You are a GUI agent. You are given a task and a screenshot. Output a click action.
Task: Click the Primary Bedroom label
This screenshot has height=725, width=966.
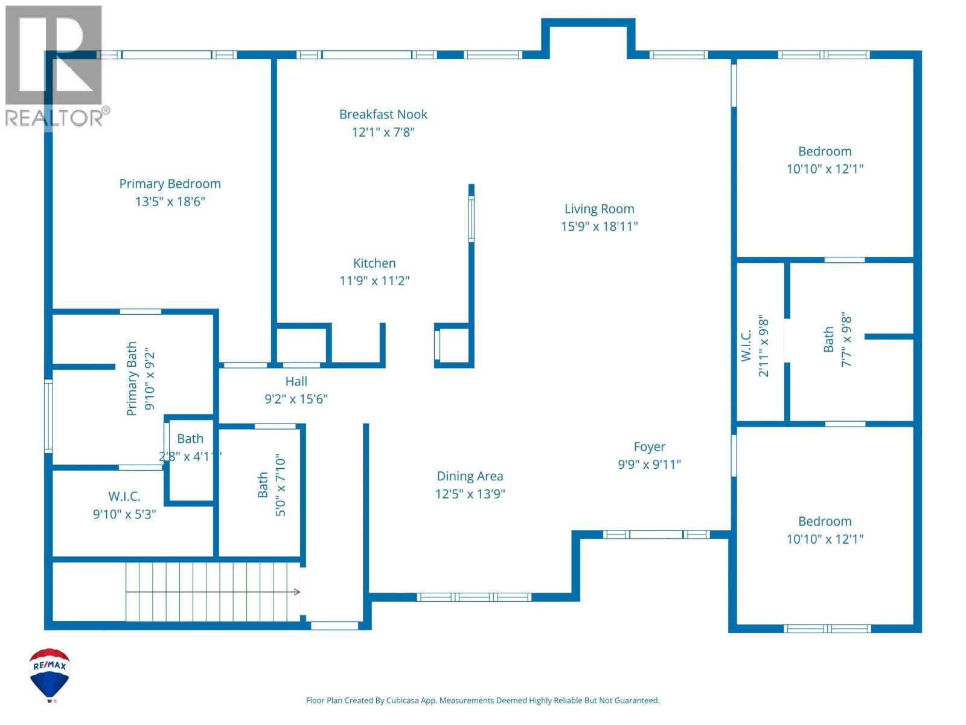pos(170,184)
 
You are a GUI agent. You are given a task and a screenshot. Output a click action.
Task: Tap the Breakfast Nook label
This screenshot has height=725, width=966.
pos(383,114)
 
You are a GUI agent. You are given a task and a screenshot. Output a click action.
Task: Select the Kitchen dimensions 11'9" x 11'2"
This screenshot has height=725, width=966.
pos(374,280)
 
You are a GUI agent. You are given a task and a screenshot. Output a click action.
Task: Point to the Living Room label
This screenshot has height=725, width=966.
pos(599,208)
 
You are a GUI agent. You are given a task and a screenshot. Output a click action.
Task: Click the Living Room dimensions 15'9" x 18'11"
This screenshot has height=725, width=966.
pos(599,226)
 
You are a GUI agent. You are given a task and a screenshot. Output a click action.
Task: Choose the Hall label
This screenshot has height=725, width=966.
pos(296,381)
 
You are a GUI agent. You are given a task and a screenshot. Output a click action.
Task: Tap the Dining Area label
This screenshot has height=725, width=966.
pos(470,476)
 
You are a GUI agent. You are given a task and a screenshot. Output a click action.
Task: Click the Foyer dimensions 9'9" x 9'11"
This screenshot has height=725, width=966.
pos(649,464)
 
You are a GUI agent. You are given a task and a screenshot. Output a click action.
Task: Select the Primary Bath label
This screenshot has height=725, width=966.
pos(132,379)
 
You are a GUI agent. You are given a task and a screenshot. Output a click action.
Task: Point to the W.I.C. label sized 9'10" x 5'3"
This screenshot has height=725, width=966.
pos(124,497)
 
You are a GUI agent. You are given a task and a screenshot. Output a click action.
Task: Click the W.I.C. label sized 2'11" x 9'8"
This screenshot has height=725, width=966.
pos(746,346)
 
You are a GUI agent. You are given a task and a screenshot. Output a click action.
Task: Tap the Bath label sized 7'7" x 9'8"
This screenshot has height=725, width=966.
pos(828,340)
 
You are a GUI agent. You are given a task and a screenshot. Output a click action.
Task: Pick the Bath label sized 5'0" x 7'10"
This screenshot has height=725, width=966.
pos(262,485)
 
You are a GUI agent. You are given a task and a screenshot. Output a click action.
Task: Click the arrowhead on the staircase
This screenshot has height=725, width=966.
pos(297,592)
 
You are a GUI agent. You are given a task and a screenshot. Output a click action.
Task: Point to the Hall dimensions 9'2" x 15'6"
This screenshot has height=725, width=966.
pos(296,399)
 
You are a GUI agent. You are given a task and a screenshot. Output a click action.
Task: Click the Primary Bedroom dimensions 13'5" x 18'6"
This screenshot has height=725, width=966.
pos(170,202)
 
